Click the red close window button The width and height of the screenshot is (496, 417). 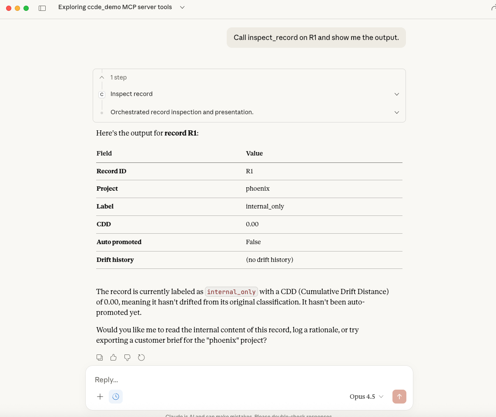click(9, 8)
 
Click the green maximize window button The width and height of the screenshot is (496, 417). click(26, 8)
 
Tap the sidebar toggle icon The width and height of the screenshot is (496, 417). click(42, 8)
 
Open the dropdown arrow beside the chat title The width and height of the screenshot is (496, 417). click(182, 7)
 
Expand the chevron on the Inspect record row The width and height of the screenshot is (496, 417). click(396, 94)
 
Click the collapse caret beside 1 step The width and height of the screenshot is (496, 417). click(102, 77)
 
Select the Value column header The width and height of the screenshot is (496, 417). click(254, 153)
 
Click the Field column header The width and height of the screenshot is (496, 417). click(104, 153)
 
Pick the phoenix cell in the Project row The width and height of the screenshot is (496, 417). click(258, 189)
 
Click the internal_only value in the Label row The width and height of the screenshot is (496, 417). click(265, 206)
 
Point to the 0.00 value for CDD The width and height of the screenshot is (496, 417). click(252, 224)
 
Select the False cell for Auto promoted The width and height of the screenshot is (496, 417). click(253, 242)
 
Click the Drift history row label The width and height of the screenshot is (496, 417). click(115, 260)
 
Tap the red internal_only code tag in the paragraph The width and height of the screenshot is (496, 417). click(231, 292)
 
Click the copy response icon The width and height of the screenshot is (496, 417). click(100, 357)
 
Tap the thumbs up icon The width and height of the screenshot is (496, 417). click(114, 357)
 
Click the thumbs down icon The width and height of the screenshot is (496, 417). click(127, 357)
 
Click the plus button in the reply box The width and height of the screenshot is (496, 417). click(100, 396)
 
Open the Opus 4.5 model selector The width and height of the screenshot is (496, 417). click(366, 397)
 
